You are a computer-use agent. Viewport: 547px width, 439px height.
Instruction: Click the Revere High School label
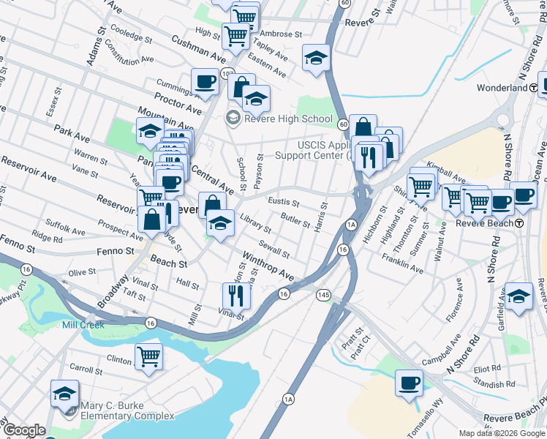(x=287, y=119)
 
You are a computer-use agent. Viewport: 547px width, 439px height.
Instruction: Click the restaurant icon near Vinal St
(x=236, y=295)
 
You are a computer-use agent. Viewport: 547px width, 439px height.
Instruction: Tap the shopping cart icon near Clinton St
(x=148, y=356)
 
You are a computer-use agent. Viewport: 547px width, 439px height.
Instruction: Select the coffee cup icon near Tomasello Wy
(x=409, y=383)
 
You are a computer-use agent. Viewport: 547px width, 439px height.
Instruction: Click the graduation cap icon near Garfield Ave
(x=518, y=296)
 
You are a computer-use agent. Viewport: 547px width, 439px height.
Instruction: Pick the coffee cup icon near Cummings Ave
(x=205, y=81)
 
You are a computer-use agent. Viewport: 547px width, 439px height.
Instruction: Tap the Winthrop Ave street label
(x=268, y=267)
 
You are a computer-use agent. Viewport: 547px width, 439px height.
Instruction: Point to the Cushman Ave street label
(x=199, y=46)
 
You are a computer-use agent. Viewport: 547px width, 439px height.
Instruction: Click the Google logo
(x=24, y=431)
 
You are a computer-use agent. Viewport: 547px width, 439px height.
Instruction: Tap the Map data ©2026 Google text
(x=502, y=433)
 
